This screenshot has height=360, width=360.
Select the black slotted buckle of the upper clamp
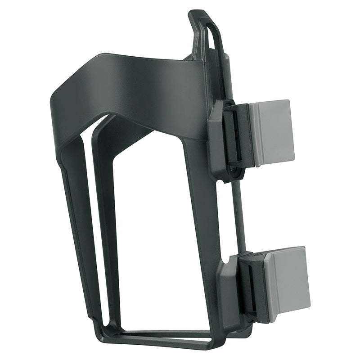pyautogui.click(x=236, y=135)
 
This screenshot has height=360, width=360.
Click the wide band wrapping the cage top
pyautogui.click(x=135, y=90)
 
